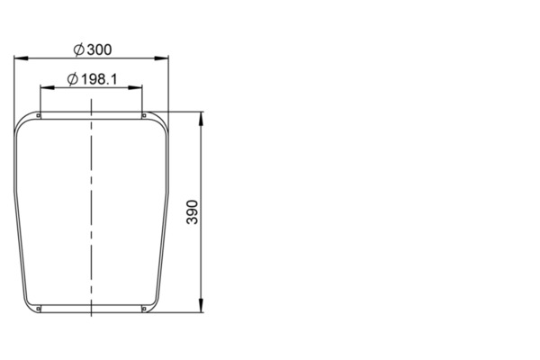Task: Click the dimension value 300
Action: coord(99,49)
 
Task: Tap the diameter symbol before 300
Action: coord(79,49)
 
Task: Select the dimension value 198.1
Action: coord(99,79)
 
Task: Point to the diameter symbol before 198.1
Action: coord(73,79)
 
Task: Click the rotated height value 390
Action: coord(193,212)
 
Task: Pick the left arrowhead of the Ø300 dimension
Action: coord(21,58)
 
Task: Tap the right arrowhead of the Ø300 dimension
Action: coord(161,58)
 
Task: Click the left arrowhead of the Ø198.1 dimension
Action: coord(47,88)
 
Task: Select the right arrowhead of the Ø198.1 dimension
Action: coord(135,88)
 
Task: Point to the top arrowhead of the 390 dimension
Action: coord(201,119)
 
